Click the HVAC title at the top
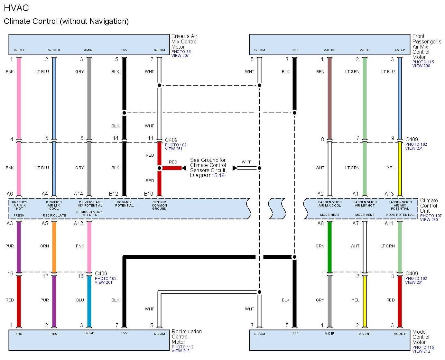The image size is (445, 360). (16, 8)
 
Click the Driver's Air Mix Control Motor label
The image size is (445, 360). (184, 42)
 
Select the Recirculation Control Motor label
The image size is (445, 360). (187, 337)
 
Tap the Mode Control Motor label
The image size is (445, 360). (419, 337)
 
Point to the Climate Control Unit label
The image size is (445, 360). (429, 206)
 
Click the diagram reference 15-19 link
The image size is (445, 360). (218, 175)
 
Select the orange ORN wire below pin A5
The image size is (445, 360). (54, 246)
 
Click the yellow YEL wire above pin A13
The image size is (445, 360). (400, 168)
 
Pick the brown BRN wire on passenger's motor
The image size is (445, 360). (329, 97)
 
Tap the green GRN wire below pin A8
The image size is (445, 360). (329, 246)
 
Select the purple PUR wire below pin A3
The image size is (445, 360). (19, 246)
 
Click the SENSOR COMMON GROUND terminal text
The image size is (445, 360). (159, 206)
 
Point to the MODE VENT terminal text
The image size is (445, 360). (365, 215)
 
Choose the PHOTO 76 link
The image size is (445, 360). (181, 52)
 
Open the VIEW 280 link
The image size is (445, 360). (429, 220)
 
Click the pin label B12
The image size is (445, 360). (113, 194)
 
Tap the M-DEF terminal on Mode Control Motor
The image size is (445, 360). (329, 334)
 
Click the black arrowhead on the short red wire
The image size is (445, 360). (184, 168)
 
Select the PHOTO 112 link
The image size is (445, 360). (182, 347)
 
